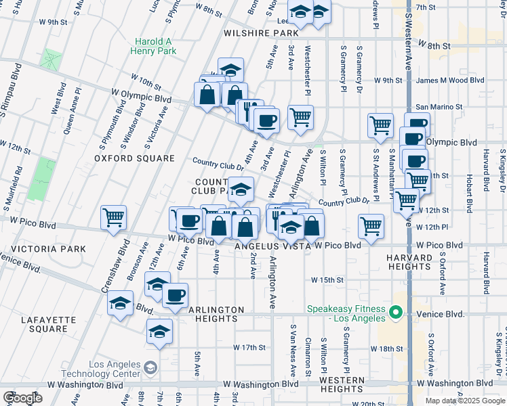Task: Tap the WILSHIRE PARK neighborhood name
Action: click(264, 32)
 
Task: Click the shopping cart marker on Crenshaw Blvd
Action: click(113, 218)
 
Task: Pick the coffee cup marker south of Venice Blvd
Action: click(175, 295)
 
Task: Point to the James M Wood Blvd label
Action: click(450, 80)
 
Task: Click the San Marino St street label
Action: click(439, 106)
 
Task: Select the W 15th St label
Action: click(328, 279)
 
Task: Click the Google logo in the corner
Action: click(22, 398)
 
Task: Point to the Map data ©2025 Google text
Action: click(464, 401)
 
